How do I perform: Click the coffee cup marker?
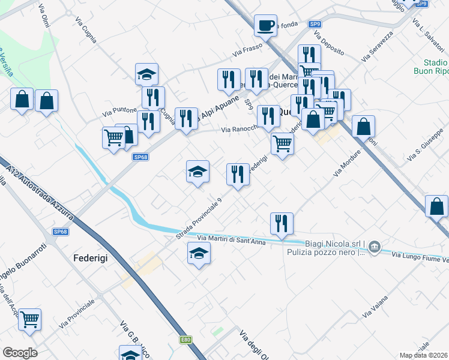265,26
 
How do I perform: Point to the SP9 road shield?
315,24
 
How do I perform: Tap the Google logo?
20,353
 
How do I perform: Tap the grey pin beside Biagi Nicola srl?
374,247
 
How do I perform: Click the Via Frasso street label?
253,50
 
